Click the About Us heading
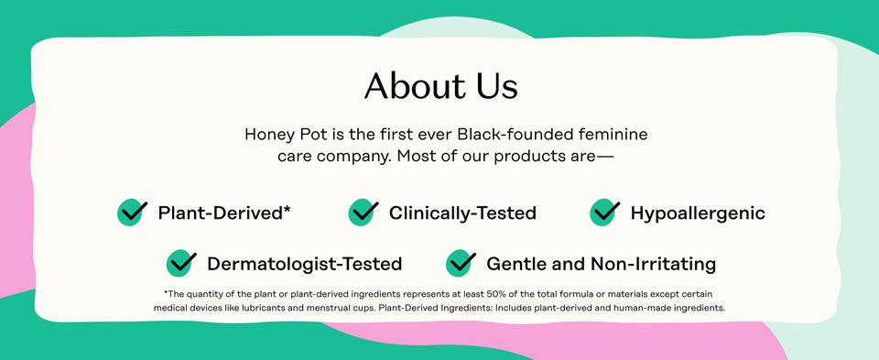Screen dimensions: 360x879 pos(440,86)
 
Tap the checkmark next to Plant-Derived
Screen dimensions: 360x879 pos(133,213)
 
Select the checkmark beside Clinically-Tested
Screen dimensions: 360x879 pos(364,213)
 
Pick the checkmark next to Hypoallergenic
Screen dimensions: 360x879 pos(605,213)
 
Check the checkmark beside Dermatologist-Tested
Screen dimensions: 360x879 pos(181,264)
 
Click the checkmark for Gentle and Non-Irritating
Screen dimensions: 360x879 pos(461,264)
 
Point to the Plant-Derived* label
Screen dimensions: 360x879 pos(224,213)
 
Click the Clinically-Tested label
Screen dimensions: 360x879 pos(462,213)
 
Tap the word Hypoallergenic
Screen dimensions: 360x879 pos(698,213)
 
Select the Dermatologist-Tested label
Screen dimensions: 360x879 pos(304,265)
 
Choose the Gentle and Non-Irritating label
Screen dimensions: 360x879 pos(601,265)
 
